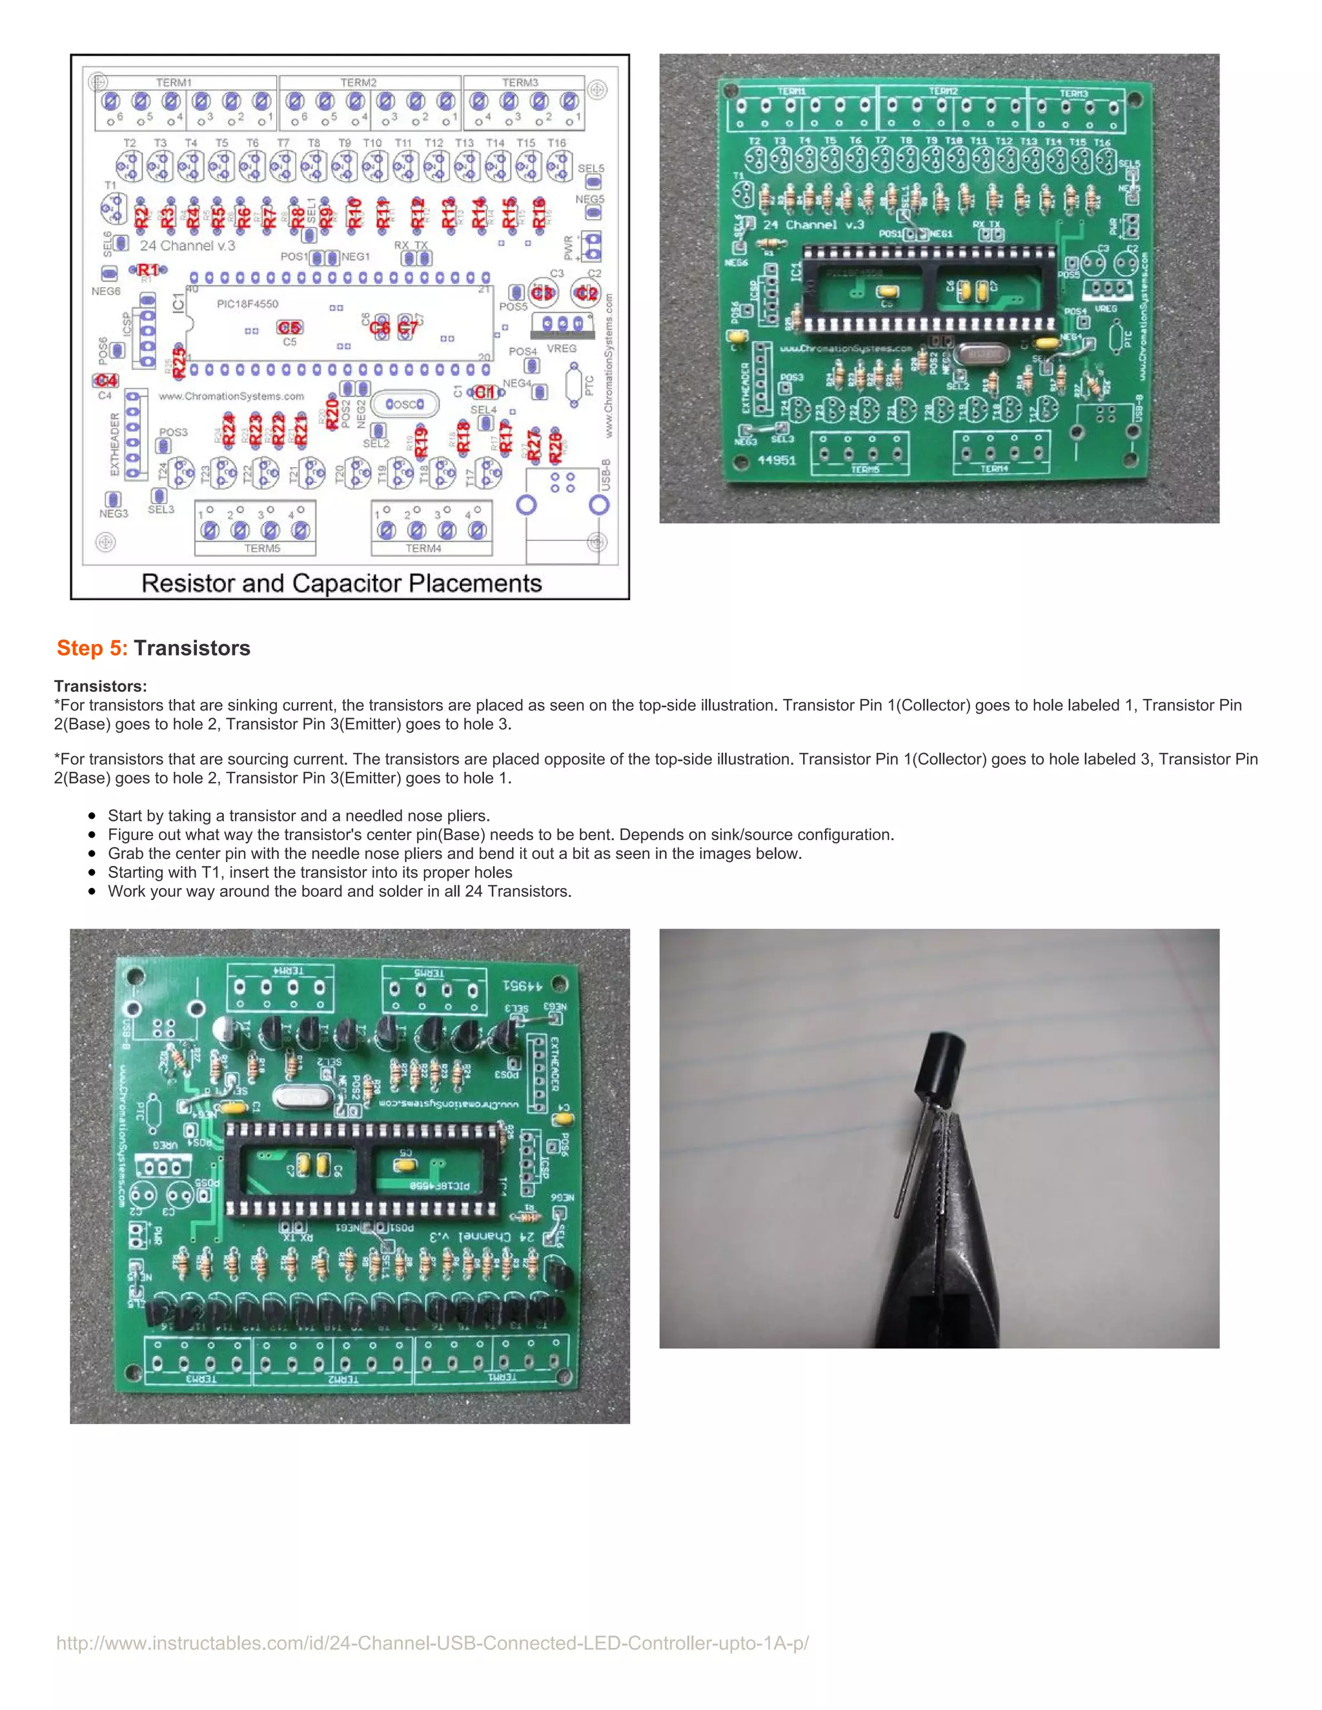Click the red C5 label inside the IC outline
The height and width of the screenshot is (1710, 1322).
(289, 327)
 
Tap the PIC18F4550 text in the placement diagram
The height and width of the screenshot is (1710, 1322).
(247, 304)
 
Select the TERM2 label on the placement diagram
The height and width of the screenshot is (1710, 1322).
(358, 82)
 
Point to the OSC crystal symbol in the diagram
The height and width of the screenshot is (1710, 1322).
(404, 404)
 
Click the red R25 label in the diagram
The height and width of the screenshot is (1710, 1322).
(179, 363)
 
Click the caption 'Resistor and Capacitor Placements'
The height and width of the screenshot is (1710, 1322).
(341, 583)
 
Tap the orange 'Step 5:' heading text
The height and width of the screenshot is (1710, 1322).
(92, 649)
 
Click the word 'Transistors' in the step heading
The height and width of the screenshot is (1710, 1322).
(192, 649)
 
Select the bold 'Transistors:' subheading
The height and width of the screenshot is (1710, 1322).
(100, 686)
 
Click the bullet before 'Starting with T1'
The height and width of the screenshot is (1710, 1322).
(92, 872)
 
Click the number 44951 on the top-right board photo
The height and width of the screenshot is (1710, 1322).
(776, 459)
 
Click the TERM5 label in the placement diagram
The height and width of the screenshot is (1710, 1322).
(261, 548)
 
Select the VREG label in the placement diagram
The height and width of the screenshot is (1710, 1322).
(562, 348)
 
